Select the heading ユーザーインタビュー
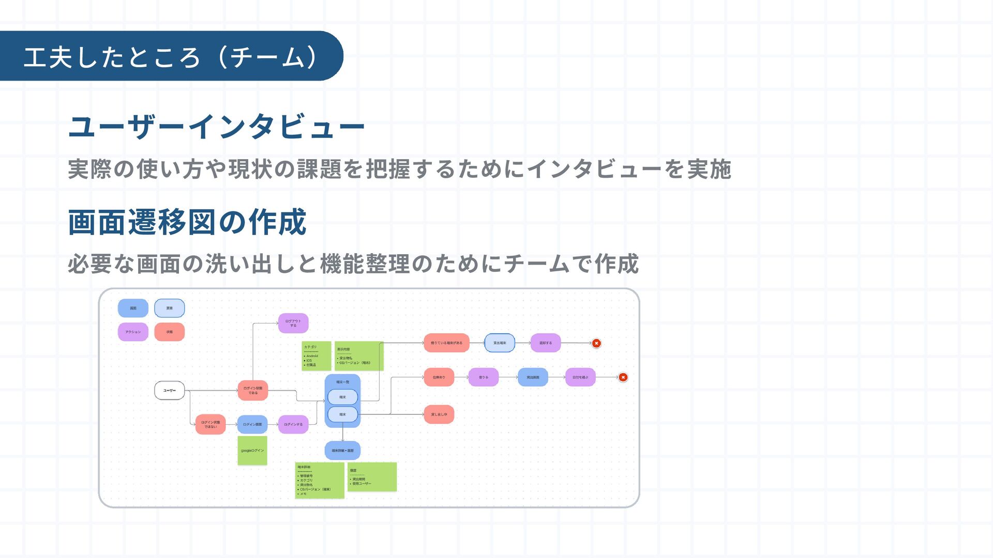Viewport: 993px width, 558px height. [x=216, y=127]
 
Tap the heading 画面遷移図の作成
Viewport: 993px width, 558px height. [x=187, y=223]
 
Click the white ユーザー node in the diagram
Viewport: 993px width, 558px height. [x=170, y=391]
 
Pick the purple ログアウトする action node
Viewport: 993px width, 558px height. [x=293, y=323]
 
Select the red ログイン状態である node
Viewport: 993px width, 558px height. [x=253, y=391]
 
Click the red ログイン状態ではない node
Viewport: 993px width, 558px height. [x=210, y=425]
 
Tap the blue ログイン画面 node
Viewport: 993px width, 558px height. [x=252, y=425]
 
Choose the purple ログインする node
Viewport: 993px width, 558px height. [x=293, y=425]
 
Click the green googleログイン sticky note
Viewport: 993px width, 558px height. [x=252, y=451]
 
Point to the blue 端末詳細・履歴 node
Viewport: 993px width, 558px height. [x=342, y=451]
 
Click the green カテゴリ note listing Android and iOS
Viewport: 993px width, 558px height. [x=316, y=356]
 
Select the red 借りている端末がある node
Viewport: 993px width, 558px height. [x=446, y=343]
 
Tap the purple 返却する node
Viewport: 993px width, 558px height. [x=546, y=343]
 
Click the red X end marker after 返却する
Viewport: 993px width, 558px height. [x=596, y=343]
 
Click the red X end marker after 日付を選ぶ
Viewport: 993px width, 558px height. [x=623, y=378]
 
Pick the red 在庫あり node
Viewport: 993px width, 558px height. [x=439, y=378]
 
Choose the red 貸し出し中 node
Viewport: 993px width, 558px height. [x=439, y=414]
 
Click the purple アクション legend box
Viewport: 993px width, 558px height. [x=133, y=332]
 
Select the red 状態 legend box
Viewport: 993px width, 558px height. [x=170, y=332]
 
